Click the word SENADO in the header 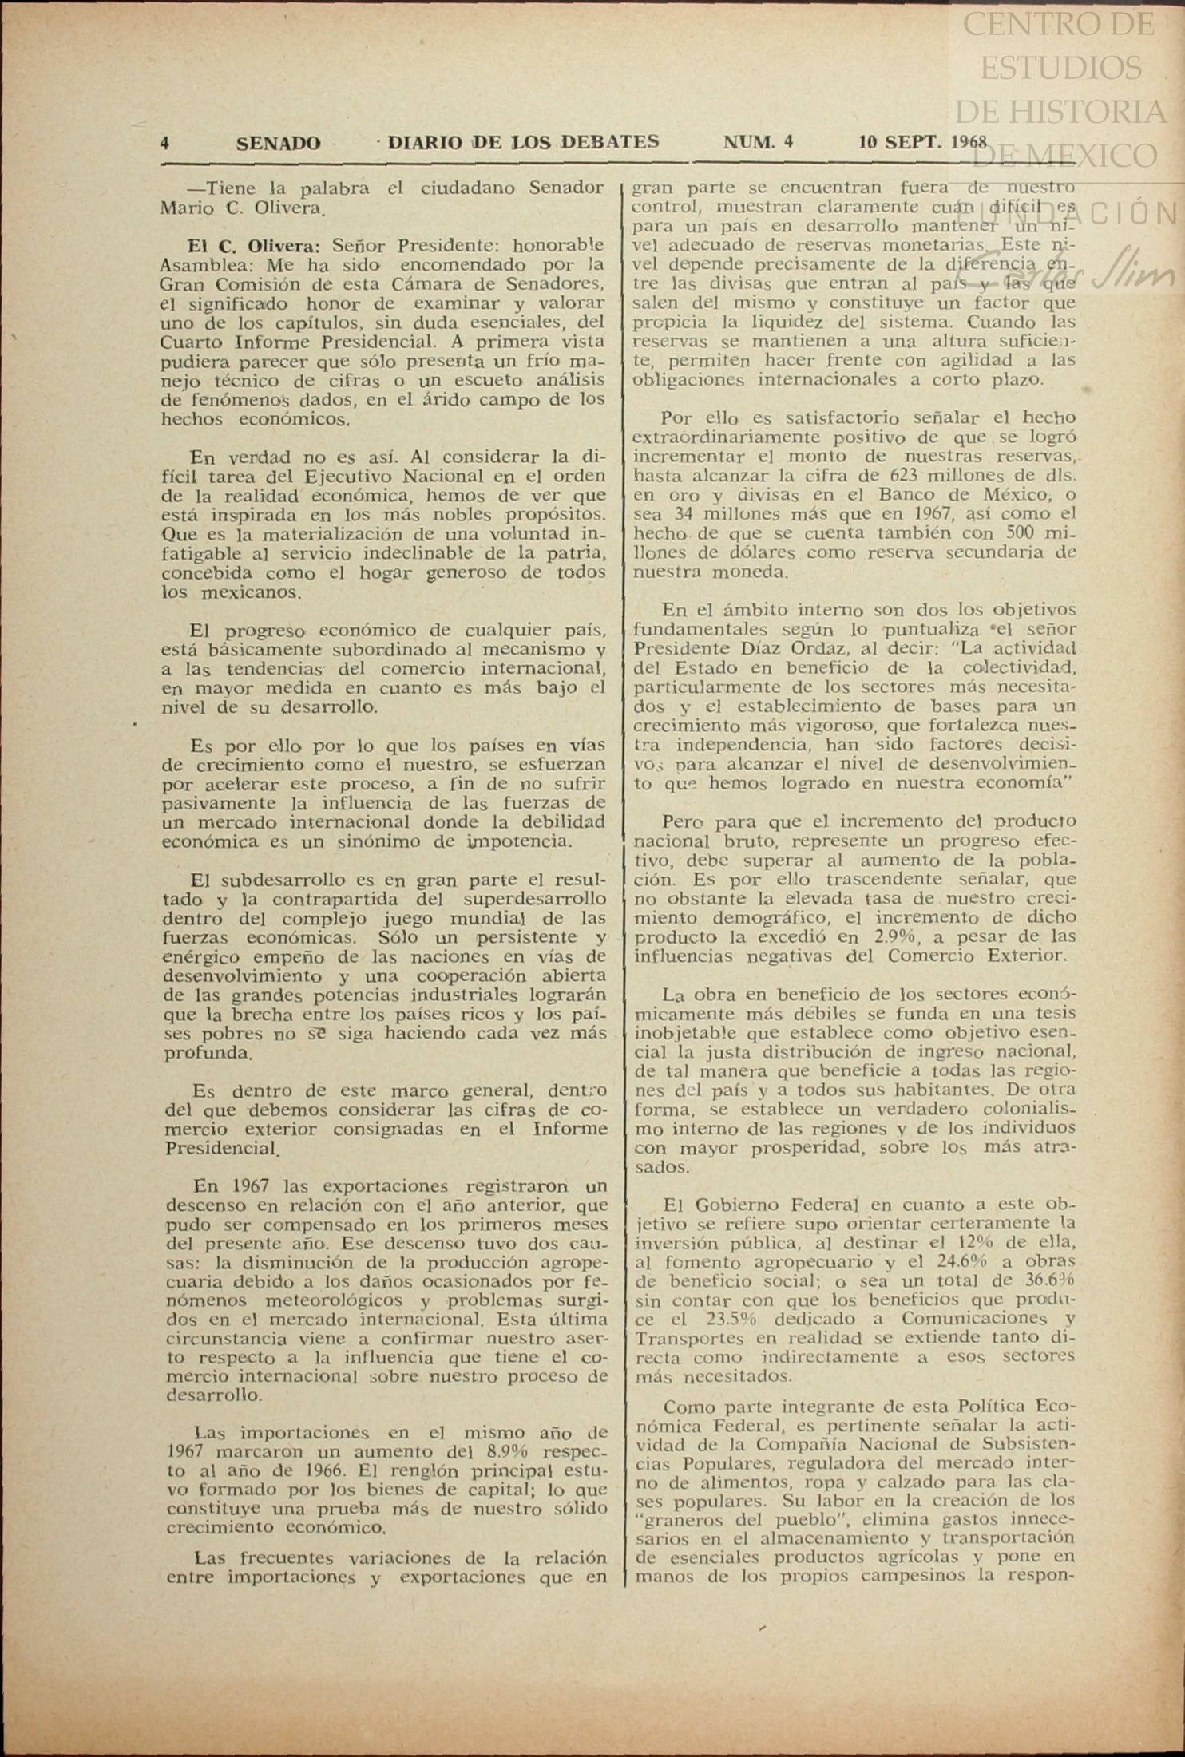click(278, 144)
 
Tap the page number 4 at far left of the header click(164, 144)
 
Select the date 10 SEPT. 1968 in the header click(922, 143)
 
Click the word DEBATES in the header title click(609, 142)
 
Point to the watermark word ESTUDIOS click(1060, 67)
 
